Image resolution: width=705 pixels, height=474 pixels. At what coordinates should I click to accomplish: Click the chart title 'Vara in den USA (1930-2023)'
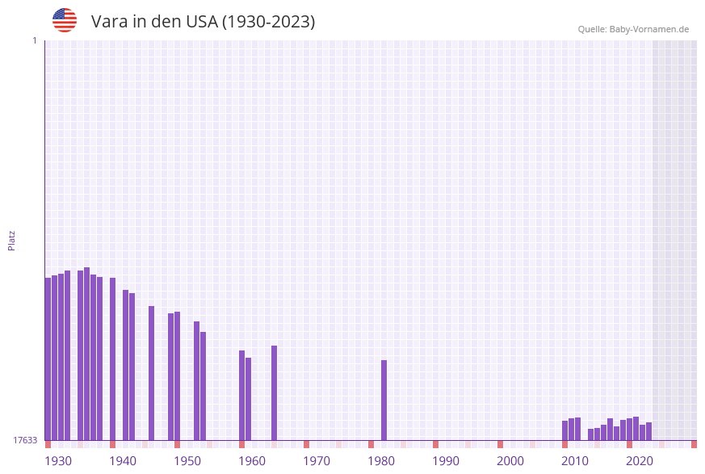point(203,22)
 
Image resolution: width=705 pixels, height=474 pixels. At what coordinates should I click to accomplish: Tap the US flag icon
point(65,20)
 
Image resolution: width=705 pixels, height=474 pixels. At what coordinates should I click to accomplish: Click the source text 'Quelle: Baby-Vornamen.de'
point(633,29)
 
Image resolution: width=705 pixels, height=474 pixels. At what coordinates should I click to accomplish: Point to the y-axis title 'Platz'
point(12,240)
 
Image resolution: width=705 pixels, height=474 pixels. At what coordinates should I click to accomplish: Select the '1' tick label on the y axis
point(34,40)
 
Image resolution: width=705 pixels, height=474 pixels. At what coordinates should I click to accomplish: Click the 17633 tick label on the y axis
point(25,440)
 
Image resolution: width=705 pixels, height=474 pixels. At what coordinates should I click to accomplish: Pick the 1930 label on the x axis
point(58,461)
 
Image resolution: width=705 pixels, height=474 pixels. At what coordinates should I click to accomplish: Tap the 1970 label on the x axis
point(317,461)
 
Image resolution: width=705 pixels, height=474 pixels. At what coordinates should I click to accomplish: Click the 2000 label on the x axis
point(510,461)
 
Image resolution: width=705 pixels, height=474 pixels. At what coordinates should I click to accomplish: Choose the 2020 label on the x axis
point(640,461)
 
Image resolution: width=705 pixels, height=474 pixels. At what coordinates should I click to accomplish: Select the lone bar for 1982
point(384,400)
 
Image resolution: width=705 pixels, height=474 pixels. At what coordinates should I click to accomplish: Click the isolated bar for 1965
point(275,392)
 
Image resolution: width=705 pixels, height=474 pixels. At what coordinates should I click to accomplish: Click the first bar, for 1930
point(48,359)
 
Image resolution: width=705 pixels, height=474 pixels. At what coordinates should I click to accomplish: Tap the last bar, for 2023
point(649,431)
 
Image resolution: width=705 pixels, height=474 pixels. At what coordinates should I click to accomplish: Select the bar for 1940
point(113,359)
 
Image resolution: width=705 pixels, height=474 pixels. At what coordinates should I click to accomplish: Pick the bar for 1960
point(242,395)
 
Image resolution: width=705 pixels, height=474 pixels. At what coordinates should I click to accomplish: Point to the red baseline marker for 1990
point(436,444)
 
